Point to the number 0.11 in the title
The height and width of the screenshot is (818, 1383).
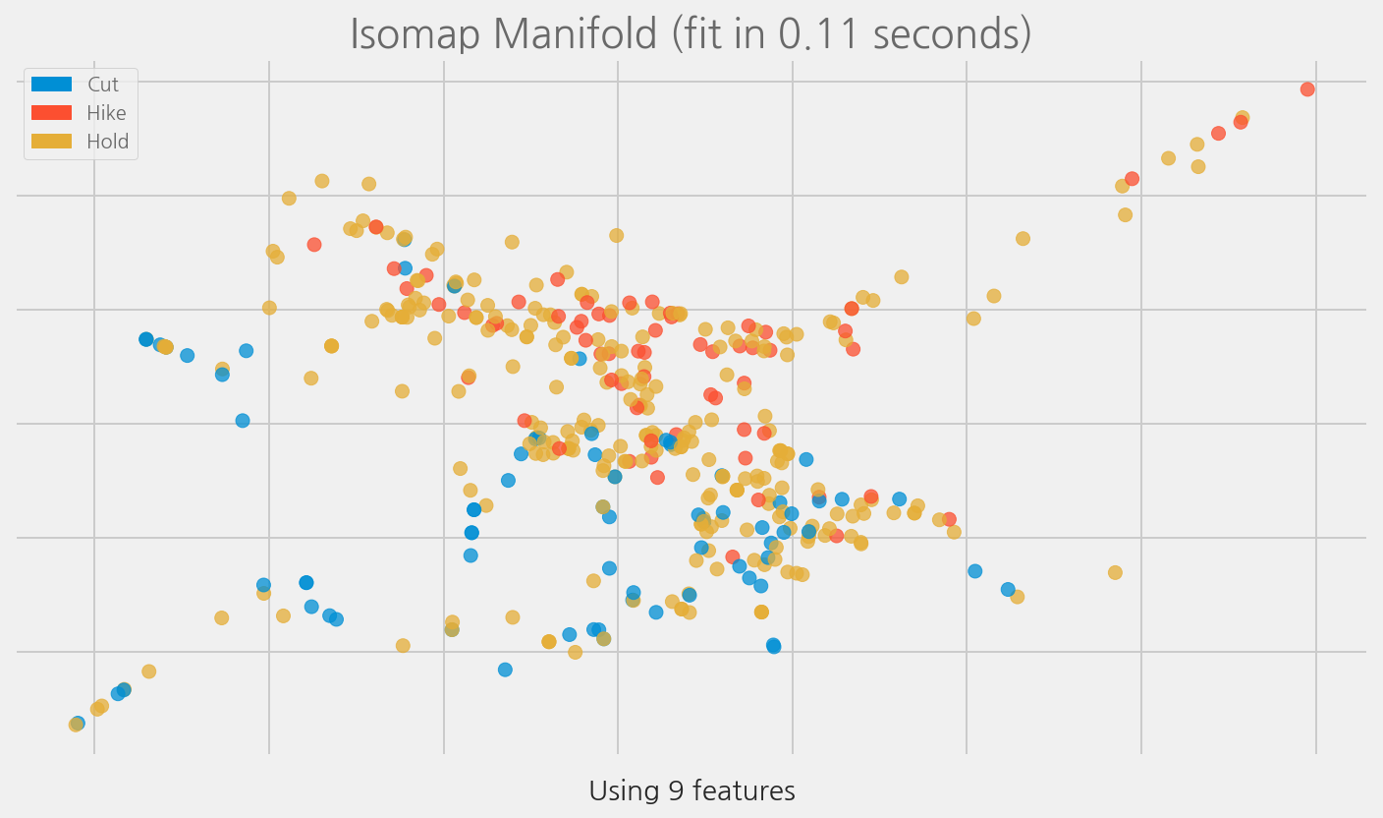click(821, 34)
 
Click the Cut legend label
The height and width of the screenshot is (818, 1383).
click(103, 86)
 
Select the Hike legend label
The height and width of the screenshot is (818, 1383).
click(106, 113)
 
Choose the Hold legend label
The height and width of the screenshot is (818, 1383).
click(107, 142)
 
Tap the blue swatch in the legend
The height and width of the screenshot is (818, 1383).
click(51, 85)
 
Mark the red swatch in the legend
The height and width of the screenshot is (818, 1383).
click(51, 113)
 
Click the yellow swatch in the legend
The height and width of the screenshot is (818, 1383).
click(51, 142)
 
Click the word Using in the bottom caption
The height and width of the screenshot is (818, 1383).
click(618, 791)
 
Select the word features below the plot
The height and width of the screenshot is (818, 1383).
click(736, 791)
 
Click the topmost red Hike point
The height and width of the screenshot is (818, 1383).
click(1307, 89)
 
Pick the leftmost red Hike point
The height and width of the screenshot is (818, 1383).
click(314, 245)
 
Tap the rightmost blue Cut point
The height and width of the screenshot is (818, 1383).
click(1008, 590)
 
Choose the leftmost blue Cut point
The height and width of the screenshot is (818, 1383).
click(78, 723)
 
